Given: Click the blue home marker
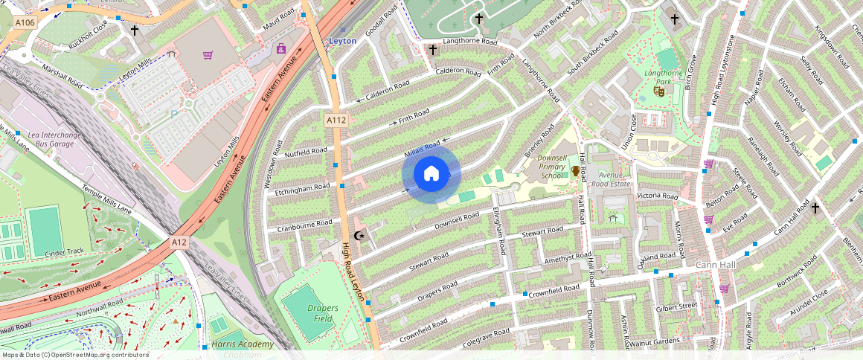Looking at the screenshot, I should pyautogui.click(x=431, y=174).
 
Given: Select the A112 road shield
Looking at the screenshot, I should pyautogui.click(x=336, y=120).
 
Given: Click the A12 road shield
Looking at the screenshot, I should pyautogui.click(x=179, y=242).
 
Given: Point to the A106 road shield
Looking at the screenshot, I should pyautogui.click(x=25, y=23).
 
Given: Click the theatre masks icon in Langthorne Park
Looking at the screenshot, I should pyautogui.click(x=658, y=91).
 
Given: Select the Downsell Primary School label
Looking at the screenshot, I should pyautogui.click(x=552, y=168).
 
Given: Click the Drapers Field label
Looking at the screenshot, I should pyautogui.click(x=322, y=313).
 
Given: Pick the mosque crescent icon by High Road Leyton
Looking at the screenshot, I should pyautogui.click(x=361, y=237).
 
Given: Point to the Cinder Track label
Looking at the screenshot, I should pyautogui.click(x=65, y=252).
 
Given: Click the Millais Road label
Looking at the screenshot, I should pyautogui.click(x=423, y=151).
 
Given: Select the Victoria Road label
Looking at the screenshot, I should pyautogui.click(x=657, y=196).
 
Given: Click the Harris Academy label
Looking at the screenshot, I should pyautogui.click(x=243, y=344).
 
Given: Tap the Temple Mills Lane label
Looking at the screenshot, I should pyautogui.click(x=107, y=199).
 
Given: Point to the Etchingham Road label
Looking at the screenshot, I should pyautogui.click(x=303, y=189).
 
